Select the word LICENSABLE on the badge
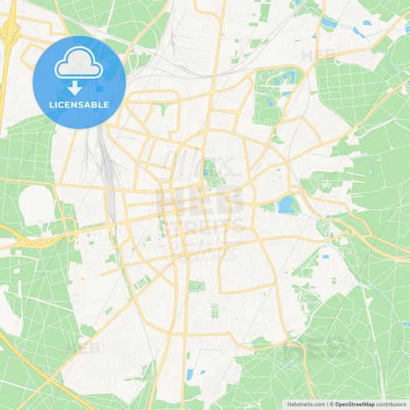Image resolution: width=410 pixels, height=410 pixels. point(78,104)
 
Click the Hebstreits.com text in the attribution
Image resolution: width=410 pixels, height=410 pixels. point(305,404)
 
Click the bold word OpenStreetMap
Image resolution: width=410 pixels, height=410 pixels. point(355,404)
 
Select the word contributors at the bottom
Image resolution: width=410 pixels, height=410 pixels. point(391,404)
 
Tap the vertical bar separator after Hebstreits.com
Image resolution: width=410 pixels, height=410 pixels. point(326,404)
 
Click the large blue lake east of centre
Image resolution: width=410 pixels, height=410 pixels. point(286,205)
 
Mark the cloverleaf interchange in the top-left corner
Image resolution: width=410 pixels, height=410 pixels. point(10,32)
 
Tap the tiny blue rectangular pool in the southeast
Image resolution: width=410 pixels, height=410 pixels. point(325,255)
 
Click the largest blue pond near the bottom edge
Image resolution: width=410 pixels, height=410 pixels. point(189,375)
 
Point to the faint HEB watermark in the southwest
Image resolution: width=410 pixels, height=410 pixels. point(85,348)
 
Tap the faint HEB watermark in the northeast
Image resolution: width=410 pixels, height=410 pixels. point(317,55)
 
